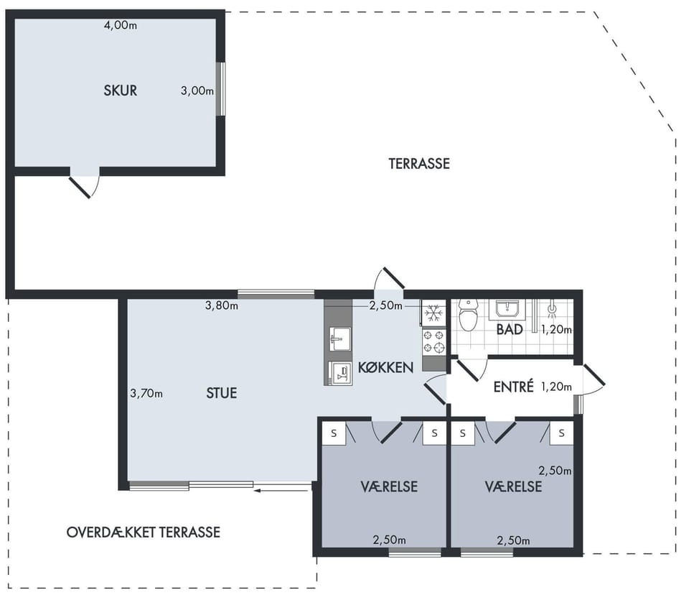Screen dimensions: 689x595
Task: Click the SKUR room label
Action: pos(121,91)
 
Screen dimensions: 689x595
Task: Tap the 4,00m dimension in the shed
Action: pos(121,26)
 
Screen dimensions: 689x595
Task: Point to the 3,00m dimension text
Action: pos(197,91)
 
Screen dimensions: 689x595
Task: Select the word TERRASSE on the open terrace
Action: pos(419,164)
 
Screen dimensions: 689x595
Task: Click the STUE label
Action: pos(222,393)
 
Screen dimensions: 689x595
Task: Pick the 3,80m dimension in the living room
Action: pos(222,305)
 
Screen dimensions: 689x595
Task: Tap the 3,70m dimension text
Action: pos(146,394)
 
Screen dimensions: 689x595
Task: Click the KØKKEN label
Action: pos(386,367)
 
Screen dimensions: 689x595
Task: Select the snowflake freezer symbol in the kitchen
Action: pos(433,313)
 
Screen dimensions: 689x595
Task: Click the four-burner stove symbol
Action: pos(434,342)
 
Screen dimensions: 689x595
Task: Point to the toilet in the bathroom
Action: pos(468,314)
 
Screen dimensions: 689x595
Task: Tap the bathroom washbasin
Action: pos(507,309)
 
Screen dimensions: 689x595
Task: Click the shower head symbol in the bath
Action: pos(553,310)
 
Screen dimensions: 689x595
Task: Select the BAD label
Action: pos(510,330)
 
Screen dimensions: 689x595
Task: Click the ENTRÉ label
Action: pos(513,387)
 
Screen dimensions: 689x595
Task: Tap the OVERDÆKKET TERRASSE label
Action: pos(144,532)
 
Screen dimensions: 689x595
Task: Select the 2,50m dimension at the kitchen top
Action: pos(386,306)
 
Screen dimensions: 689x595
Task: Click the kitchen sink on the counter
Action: pos(340,339)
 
